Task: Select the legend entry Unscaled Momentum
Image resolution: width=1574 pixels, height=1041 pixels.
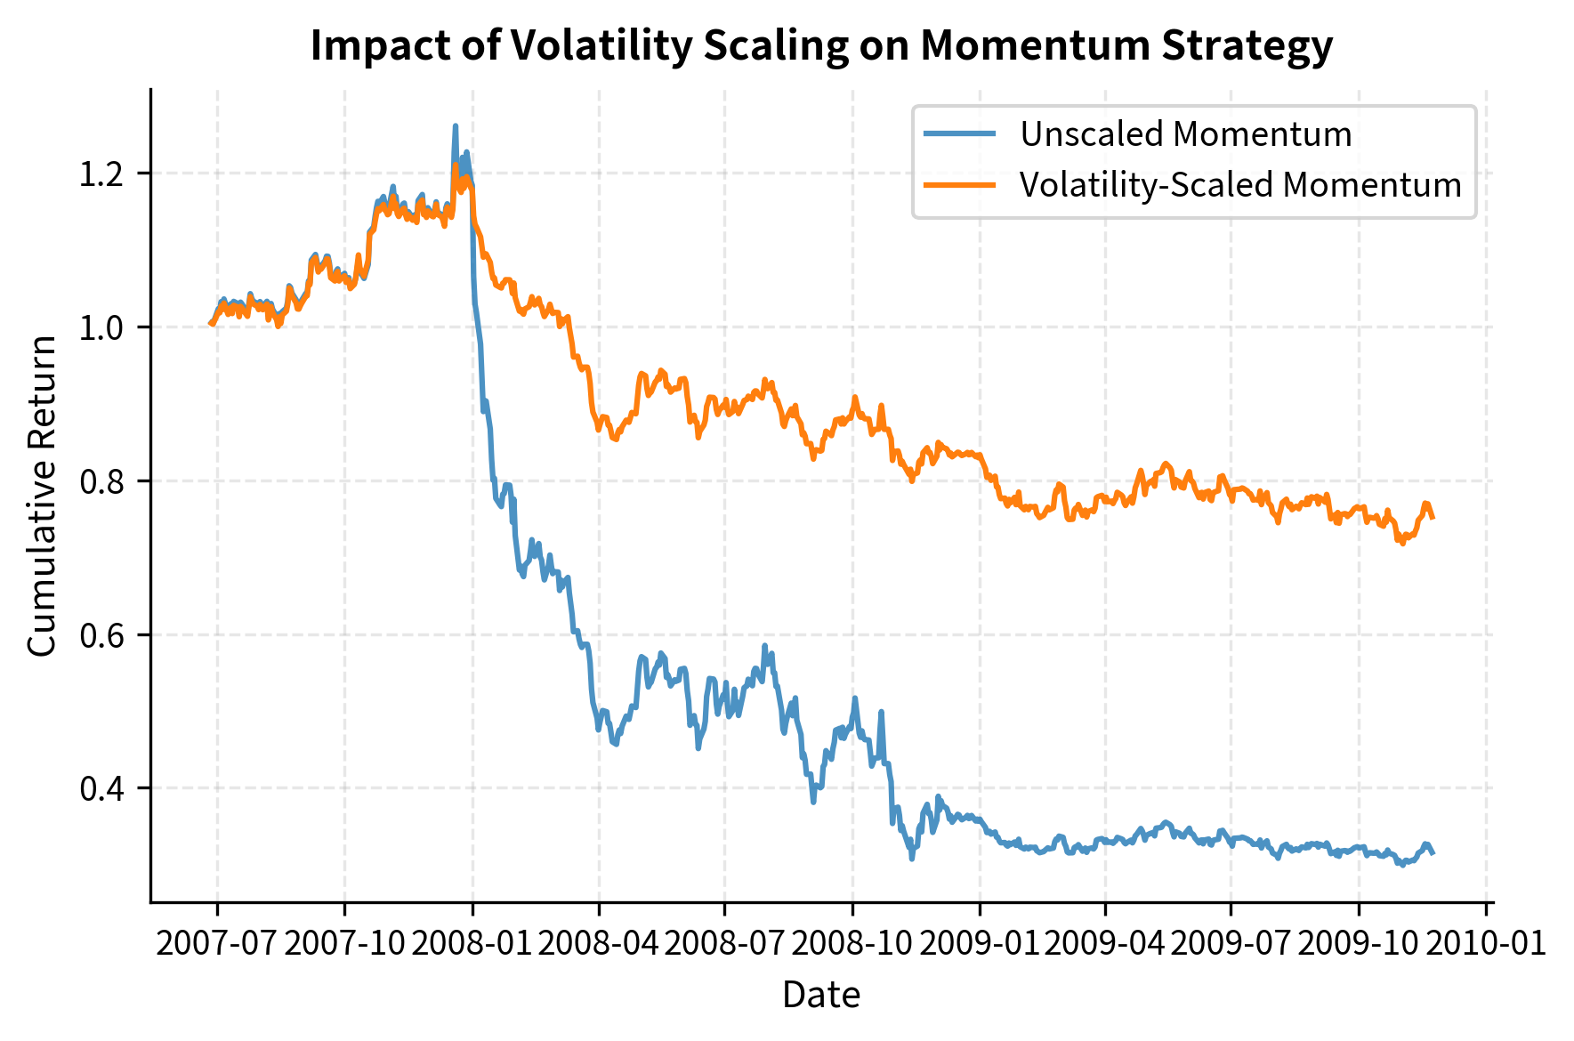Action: (x=1185, y=134)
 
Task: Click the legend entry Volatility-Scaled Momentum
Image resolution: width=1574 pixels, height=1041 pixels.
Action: (x=1240, y=185)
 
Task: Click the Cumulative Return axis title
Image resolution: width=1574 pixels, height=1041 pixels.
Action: (x=42, y=496)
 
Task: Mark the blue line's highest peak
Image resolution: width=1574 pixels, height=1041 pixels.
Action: (x=456, y=126)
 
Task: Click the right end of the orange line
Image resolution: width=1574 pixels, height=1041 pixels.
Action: (x=1433, y=517)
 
